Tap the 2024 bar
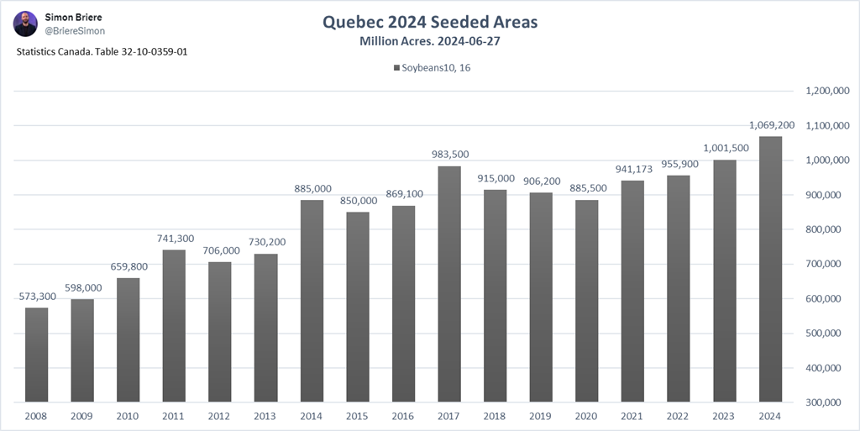(770, 269)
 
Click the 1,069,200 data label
(770, 125)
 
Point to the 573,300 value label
(36, 297)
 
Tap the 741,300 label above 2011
(174, 239)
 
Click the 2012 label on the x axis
(220, 416)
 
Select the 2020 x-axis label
(587, 416)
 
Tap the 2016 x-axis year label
(403, 416)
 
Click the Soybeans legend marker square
(396, 68)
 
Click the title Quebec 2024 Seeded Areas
(429, 21)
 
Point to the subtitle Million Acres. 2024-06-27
(429, 41)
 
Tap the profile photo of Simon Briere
(25, 23)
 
